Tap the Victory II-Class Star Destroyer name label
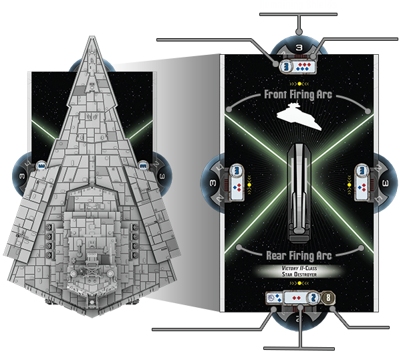pos(299,272)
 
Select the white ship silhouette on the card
pos(299,116)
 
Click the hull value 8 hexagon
pos(328,298)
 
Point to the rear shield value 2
pos(313,298)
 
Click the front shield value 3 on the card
pos(287,66)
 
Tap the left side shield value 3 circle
pos(237,170)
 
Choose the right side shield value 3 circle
pos(362,170)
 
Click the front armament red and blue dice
pos(303,67)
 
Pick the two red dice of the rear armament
pos(296,298)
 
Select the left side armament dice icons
pos(237,187)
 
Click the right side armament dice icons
pos(362,187)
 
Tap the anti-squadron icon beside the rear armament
pos(274,298)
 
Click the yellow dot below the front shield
pos(299,84)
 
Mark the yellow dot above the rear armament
pos(299,283)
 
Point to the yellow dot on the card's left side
pos(249,185)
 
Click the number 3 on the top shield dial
pos(299,48)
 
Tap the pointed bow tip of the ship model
pos(92,37)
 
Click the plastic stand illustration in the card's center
pos(299,193)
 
